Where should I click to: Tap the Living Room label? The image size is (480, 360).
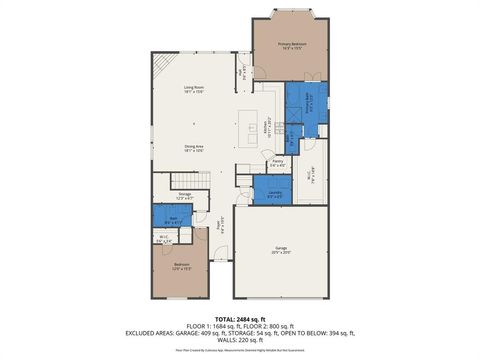pos(194,90)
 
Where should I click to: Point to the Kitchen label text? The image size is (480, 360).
pos(266,127)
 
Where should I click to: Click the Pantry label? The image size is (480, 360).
pos(279,162)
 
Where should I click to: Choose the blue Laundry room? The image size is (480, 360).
pos(274,194)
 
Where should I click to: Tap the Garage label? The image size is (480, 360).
pos(281,252)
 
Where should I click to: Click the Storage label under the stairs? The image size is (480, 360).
pos(185,197)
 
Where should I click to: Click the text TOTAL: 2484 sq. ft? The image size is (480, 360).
pos(240,317)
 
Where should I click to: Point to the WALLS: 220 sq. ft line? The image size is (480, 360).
pos(240,341)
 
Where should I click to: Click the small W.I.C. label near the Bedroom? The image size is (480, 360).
pos(164,240)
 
